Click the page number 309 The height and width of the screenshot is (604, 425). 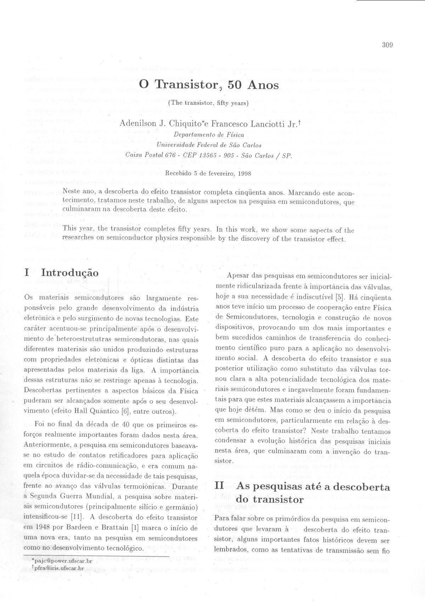tap(388, 45)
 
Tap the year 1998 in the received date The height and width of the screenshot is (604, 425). tap(244, 174)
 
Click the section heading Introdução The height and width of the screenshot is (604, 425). tap(70, 273)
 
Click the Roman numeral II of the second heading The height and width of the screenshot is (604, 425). tap(219, 486)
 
